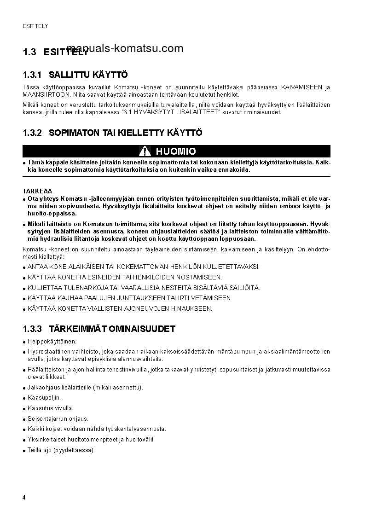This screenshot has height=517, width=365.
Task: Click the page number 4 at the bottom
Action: coord(24,498)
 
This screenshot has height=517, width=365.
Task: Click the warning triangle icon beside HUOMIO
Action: coord(145,151)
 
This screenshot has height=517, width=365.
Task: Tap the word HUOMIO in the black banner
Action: coord(176,151)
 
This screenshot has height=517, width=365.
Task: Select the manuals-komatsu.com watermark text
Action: coord(125,48)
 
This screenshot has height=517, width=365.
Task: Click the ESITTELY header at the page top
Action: coord(35,26)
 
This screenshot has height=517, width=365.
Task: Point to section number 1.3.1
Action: coord(32,75)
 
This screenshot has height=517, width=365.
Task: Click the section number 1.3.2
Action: coord(32,133)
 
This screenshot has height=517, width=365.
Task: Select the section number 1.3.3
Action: coord(32,329)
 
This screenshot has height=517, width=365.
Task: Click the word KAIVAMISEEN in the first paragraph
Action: coord(301,87)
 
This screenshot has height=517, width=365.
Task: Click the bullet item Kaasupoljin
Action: coord(44,397)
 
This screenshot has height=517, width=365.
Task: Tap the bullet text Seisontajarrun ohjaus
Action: coord(58,418)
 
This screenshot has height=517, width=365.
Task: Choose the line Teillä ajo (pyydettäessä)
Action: coord(61,450)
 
